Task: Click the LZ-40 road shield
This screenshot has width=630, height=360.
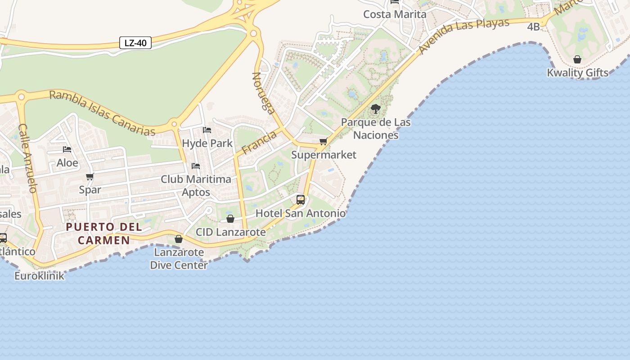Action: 135,43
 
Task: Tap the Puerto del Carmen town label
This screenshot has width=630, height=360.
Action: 104,234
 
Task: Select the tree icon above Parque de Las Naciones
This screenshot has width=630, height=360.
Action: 375,109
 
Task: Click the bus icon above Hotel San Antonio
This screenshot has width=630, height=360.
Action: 301,200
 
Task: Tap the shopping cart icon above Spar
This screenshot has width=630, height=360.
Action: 90,177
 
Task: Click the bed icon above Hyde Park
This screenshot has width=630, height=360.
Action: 207,130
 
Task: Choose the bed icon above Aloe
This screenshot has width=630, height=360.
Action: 67,149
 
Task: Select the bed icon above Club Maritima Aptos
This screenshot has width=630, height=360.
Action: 196,166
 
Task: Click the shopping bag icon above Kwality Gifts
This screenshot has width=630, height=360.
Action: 577,59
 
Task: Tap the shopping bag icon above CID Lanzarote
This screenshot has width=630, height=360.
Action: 230,219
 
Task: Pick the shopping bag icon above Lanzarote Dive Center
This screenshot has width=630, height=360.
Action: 179,239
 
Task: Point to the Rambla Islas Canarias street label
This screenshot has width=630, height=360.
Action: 102,112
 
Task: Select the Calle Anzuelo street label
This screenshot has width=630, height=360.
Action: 27,158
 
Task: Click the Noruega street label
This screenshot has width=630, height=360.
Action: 264,93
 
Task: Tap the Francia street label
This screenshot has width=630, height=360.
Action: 259,142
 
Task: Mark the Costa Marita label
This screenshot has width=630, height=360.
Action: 395,14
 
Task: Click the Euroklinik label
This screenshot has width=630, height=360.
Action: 39,276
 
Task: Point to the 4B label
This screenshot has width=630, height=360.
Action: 533,27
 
